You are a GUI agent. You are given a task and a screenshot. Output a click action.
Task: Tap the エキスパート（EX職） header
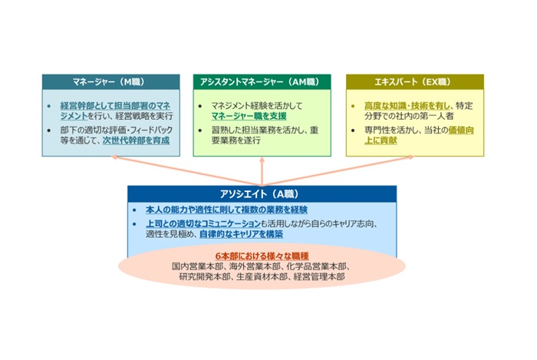[415, 81]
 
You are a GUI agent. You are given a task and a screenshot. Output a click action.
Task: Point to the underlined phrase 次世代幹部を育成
[135, 142]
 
